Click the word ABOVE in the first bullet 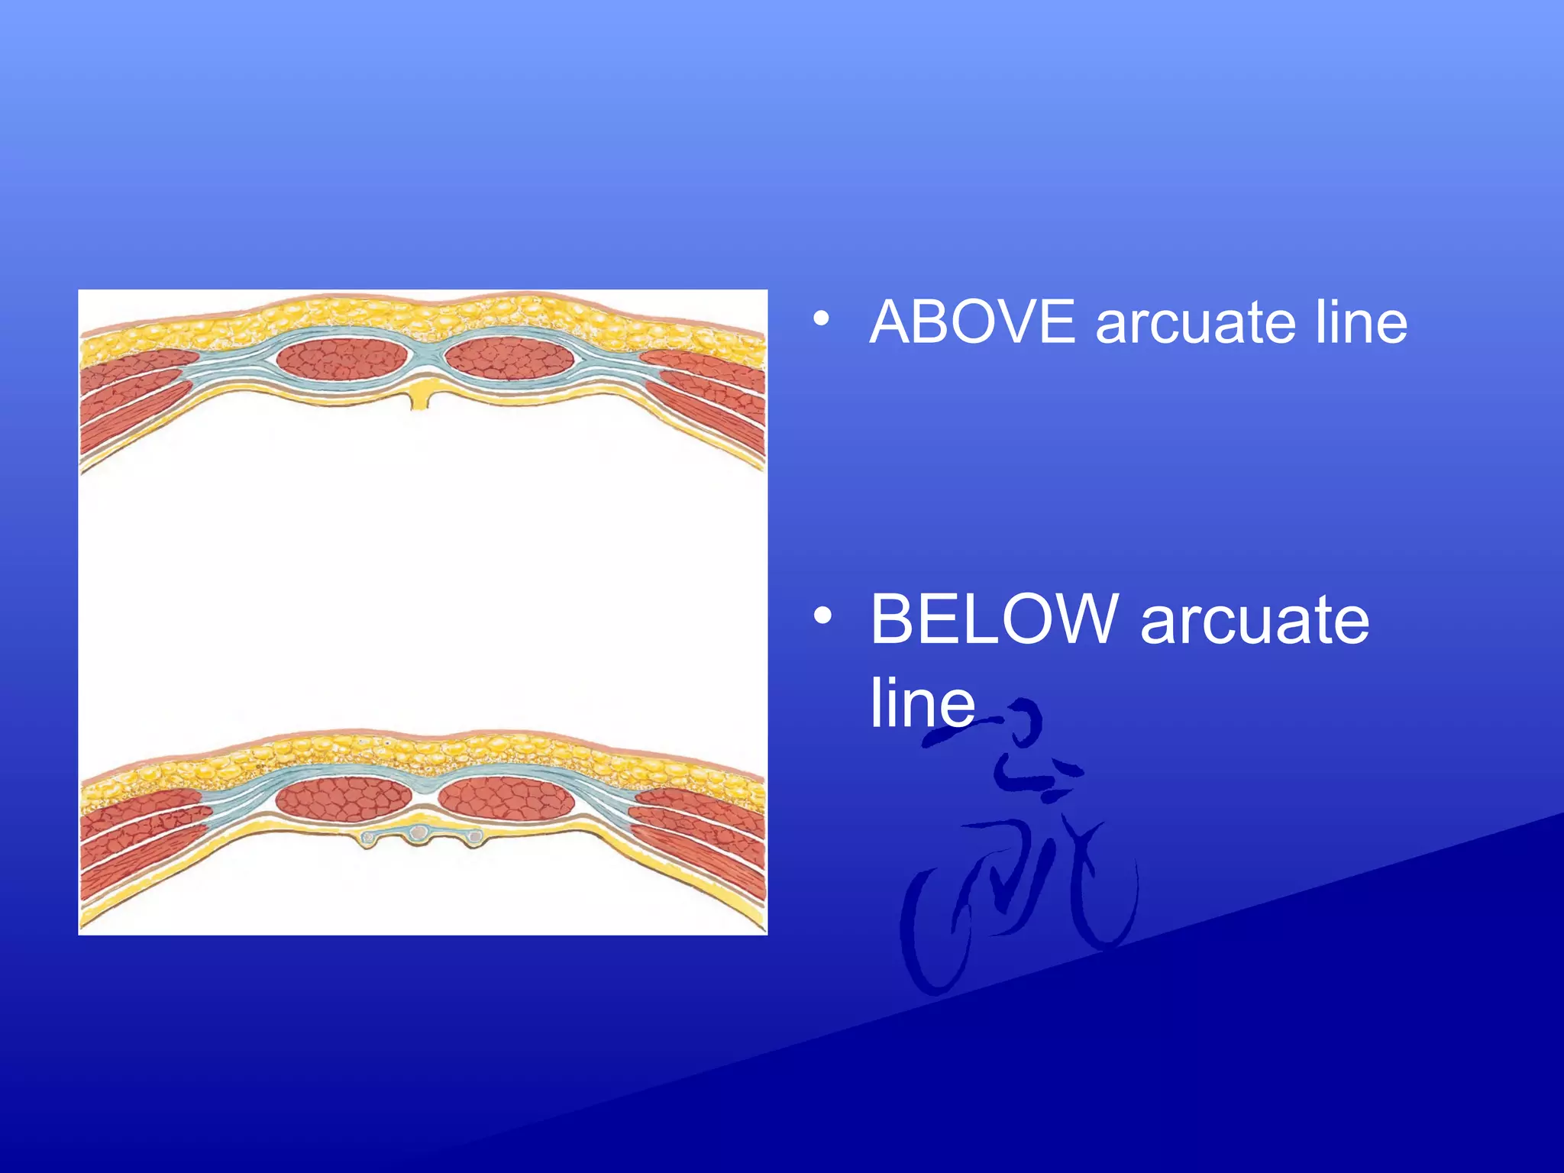click(972, 322)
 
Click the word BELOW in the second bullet click(994, 619)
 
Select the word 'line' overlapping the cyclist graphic click(922, 703)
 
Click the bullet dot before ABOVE click(821, 319)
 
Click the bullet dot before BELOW click(821, 616)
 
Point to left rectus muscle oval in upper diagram click(342, 357)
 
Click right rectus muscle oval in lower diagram click(507, 799)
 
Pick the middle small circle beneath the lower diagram click(419, 832)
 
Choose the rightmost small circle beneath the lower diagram click(474, 838)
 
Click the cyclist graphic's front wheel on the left click(928, 932)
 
